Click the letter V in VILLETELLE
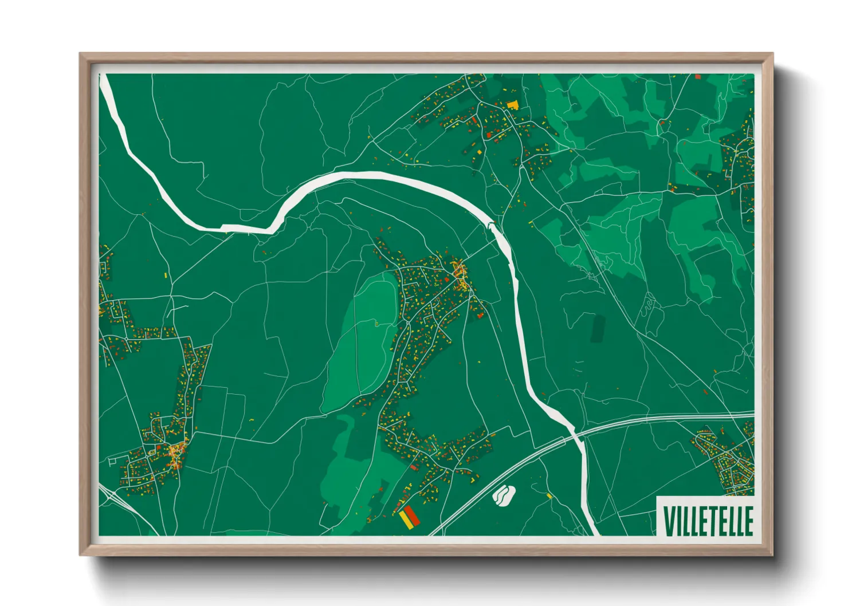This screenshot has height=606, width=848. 668,520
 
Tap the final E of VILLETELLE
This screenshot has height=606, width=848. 748,520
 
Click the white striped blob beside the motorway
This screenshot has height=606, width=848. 504,495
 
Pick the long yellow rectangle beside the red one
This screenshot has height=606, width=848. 405,518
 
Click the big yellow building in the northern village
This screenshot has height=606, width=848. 512,105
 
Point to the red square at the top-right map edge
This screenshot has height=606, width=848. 698,76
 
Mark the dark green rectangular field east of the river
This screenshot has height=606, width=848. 598,329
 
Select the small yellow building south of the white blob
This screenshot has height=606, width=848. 549,495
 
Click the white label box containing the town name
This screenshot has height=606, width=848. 706,519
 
